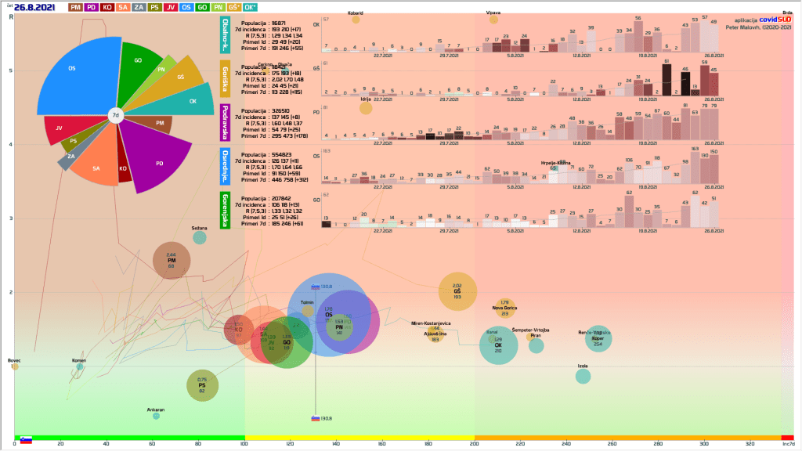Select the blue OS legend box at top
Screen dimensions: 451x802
click(187, 7)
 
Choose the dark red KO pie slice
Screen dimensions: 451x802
click(124, 168)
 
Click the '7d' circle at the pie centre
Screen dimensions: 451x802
click(115, 115)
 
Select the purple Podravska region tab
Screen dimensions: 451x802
click(225, 123)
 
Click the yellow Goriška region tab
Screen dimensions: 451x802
click(225, 80)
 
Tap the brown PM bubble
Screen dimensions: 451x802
click(172, 261)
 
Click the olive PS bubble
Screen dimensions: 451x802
click(202, 384)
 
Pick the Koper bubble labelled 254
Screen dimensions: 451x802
click(598, 339)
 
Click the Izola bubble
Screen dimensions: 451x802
click(583, 376)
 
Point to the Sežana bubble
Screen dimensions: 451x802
click(200, 237)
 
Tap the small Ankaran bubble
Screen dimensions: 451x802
click(156, 416)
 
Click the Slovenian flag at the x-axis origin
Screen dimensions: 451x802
click(26, 439)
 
